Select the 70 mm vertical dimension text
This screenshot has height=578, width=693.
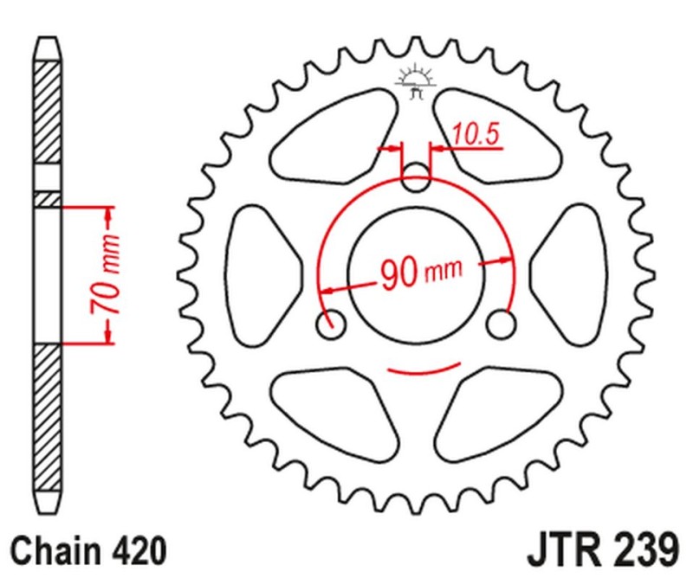pyautogui.click(x=107, y=274)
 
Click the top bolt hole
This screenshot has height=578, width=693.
pyautogui.click(x=416, y=179)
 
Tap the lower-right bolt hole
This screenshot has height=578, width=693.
pyautogui.click(x=500, y=324)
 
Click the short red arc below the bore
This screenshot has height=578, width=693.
pyautogui.click(x=416, y=371)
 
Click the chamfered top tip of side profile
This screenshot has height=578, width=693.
pyautogui.click(x=49, y=48)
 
